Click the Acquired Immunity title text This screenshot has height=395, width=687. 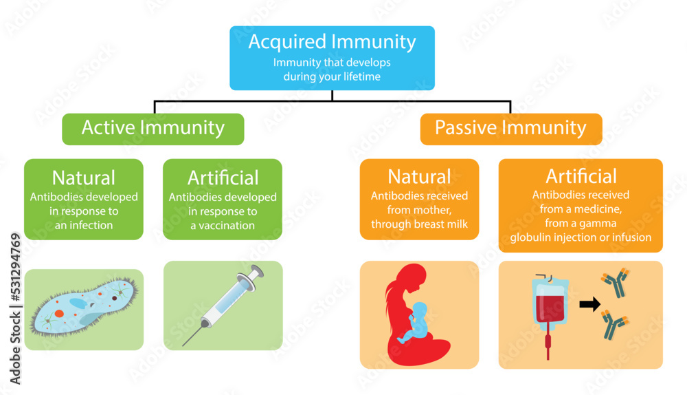click(x=332, y=42)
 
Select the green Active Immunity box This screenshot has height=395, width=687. click(x=153, y=128)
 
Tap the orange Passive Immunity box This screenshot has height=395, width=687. click(x=510, y=128)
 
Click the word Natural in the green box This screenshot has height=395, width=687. click(x=84, y=178)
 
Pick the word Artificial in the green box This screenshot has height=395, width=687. click(x=223, y=178)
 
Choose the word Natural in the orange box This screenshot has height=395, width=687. click(x=419, y=177)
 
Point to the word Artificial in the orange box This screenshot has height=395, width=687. click(x=581, y=175)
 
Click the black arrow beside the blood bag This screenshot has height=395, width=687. click(x=589, y=304)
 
